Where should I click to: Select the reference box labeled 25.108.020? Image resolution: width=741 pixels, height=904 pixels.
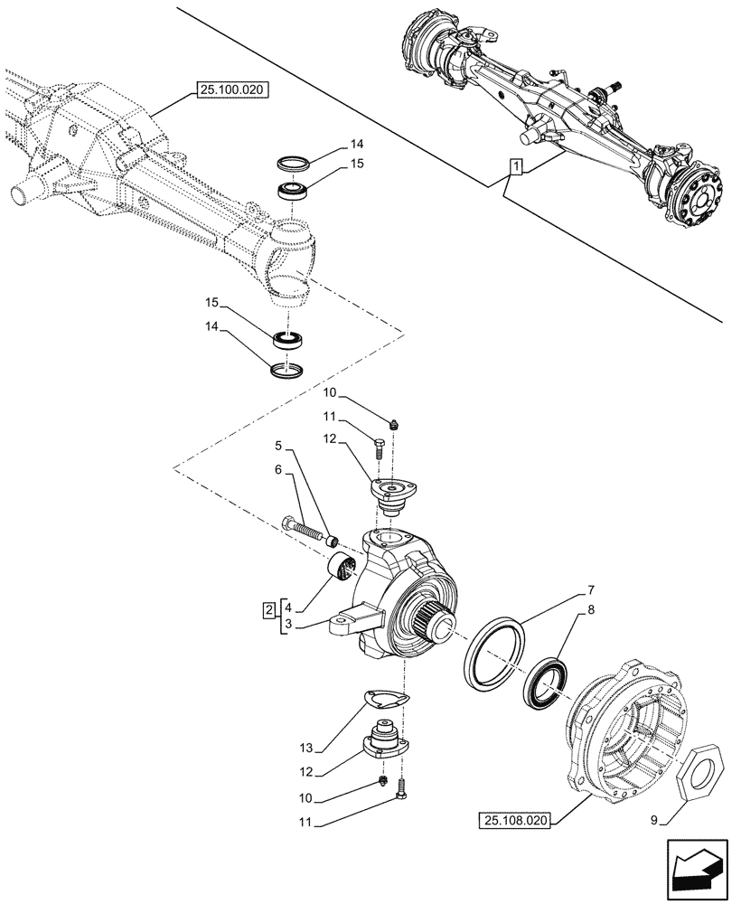coord(516,820)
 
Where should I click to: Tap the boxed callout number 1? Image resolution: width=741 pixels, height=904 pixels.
coord(515,165)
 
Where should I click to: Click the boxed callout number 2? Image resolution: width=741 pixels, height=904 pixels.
coord(269,609)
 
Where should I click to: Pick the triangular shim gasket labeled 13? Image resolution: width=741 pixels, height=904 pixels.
coord(385,700)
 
